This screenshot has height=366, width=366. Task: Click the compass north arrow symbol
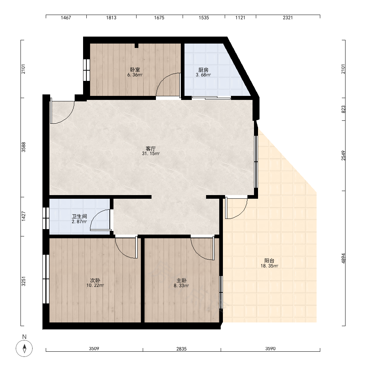click(x=24, y=348)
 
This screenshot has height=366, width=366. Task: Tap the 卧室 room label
click(x=135, y=70)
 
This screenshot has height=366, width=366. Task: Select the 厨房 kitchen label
click(x=203, y=70)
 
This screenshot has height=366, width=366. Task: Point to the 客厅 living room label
click(x=150, y=149)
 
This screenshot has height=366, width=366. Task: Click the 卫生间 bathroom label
click(x=79, y=216)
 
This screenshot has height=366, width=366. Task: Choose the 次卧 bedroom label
click(x=95, y=280)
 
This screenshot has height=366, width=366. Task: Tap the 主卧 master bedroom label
click(x=182, y=280)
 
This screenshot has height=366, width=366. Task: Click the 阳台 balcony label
click(x=269, y=261)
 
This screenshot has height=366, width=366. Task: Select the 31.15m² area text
click(x=151, y=154)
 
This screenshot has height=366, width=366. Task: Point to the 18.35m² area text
click(x=269, y=266)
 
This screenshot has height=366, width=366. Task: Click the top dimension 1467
click(x=66, y=18)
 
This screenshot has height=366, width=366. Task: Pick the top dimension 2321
click(x=288, y=18)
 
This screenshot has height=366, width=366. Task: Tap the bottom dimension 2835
click(x=182, y=349)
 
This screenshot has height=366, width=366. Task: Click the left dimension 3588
click(x=23, y=147)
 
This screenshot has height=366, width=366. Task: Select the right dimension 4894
click(x=343, y=258)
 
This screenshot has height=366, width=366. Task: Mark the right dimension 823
click(x=343, y=109)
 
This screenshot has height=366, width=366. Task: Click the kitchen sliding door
click(x=211, y=98)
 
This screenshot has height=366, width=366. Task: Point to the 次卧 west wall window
click(x=46, y=279)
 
